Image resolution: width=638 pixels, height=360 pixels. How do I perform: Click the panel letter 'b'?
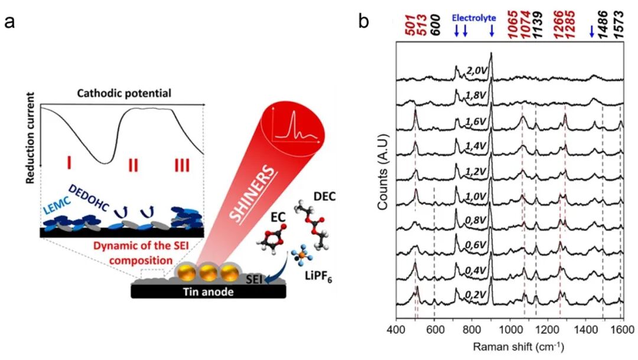click(x=364, y=22)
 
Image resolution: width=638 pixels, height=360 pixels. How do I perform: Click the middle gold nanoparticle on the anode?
click(x=209, y=273)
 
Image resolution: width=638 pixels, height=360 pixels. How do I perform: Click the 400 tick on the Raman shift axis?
click(x=396, y=329)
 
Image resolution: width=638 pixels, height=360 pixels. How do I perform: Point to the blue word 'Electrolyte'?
click(x=474, y=18)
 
